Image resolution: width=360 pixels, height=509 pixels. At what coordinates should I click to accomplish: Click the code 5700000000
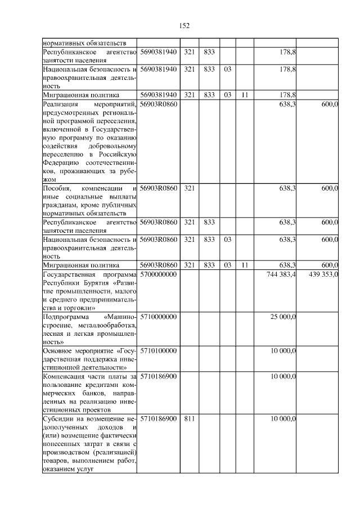(x=159, y=274)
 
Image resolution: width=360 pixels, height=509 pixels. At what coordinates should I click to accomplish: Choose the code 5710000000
(x=159, y=317)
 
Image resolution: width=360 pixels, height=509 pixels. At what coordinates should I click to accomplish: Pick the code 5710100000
(x=159, y=350)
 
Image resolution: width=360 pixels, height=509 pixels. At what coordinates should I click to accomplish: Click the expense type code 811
(x=190, y=418)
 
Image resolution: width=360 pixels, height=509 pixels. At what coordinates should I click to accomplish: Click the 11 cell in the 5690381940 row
(x=244, y=94)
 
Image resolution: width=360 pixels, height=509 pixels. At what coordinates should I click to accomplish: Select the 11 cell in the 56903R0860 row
(x=244, y=265)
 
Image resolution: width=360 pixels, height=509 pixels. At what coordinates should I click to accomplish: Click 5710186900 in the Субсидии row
(x=159, y=418)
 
